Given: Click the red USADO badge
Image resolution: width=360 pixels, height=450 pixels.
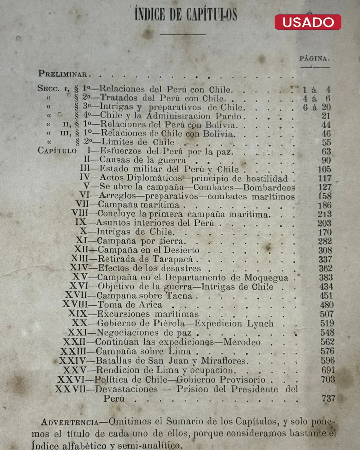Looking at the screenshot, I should click(x=308, y=22).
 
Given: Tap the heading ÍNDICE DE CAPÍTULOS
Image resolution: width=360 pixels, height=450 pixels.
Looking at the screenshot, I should click(x=186, y=15).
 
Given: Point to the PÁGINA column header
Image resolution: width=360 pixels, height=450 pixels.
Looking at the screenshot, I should click(x=314, y=58).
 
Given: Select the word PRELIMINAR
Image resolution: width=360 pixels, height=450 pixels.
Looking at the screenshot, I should click(x=63, y=74).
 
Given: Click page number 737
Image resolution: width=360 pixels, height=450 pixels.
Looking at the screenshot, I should click(x=328, y=398).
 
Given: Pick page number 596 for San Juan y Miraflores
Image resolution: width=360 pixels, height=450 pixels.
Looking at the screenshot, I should click(x=328, y=360).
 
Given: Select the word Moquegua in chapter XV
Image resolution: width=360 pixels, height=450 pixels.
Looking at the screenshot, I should click(x=266, y=277).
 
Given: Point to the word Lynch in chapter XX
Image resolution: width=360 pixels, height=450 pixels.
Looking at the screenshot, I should click(x=260, y=323).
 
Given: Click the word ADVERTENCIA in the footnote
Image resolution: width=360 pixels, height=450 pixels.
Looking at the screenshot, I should click(x=70, y=422).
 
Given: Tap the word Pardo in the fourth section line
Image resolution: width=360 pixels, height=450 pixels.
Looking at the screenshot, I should click(x=228, y=116).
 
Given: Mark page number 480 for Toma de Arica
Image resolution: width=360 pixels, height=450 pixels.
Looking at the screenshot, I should click(x=327, y=305).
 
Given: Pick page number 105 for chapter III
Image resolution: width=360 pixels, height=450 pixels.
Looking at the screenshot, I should click(x=324, y=169).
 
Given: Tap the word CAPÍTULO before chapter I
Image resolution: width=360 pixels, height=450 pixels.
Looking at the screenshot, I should click(x=57, y=151).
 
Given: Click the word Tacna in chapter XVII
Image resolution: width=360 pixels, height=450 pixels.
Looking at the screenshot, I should click(x=179, y=296).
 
